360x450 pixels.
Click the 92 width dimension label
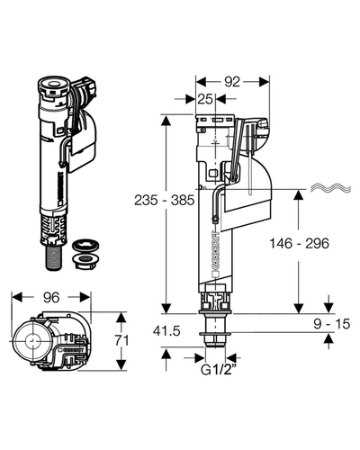pos(232,82)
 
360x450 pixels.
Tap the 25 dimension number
pos(205,99)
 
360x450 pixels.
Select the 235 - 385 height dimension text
pos(165,200)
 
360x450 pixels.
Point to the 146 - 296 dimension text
pos(299,243)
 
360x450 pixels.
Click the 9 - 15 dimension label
pos(332,324)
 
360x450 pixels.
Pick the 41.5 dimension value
pos(166,331)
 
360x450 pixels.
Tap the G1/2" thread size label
pos(218,370)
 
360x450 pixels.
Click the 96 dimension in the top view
pos(51,297)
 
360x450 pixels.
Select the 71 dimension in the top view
pos(121,340)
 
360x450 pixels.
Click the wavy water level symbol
pos(330,188)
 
